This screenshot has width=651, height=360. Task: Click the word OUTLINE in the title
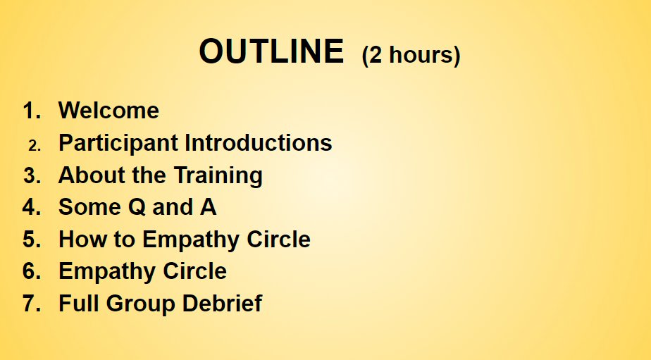coord(271,51)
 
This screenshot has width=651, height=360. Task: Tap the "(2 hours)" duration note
coord(411,55)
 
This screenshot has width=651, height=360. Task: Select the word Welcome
coord(108,111)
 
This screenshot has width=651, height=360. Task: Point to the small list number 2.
coord(35,145)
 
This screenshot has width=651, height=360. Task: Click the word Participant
coord(118,143)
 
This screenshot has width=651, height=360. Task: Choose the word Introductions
coord(259,143)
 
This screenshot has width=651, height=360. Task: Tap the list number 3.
coord(32,175)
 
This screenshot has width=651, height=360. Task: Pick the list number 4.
coord(32,207)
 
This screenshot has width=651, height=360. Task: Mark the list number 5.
coord(32,240)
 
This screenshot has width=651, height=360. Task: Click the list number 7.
coord(32,304)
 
